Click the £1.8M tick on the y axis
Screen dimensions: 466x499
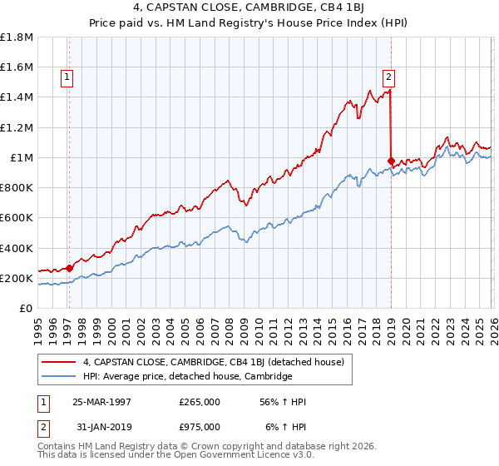[x=17, y=37]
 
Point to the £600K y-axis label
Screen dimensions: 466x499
[x=17, y=218]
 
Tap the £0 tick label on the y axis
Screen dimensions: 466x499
[x=27, y=309]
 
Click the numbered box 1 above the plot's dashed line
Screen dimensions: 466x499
[x=67, y=77]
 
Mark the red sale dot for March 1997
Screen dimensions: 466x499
[x=69, y=268]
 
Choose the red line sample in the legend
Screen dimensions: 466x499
[x=59, y=362]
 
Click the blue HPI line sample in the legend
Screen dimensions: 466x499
[x=59, y=377]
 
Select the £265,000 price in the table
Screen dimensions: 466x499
[x=200, y=402]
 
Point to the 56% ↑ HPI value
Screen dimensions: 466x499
[x=284, y=402]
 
